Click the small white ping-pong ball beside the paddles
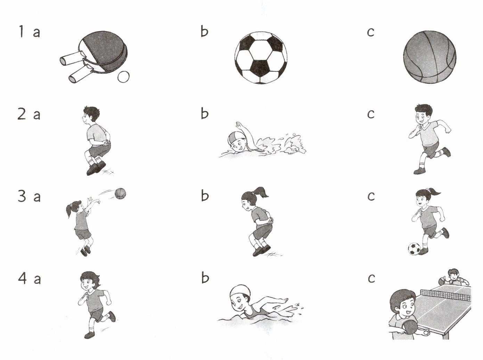(123, 77)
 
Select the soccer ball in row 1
(261, 58)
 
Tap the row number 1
(21, 31)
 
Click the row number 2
(22, 114)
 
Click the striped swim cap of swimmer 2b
(233, 138)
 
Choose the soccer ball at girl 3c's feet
(414, 249)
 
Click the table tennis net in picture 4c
(445, 294)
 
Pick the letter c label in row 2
(371, 114)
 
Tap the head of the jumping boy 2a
(91, 114)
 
